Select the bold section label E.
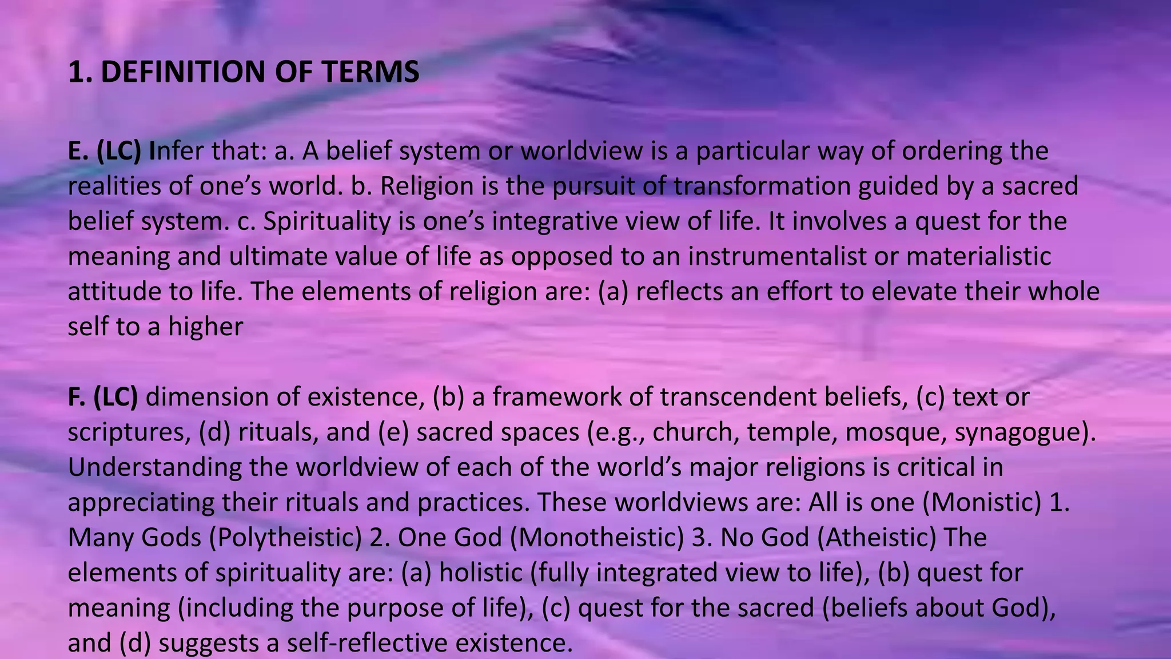tap(76, 151)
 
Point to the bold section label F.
tap(75, 397)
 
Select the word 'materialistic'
tap(978, 256)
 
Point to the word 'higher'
tap(206, 327)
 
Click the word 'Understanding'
tap(155, 467)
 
